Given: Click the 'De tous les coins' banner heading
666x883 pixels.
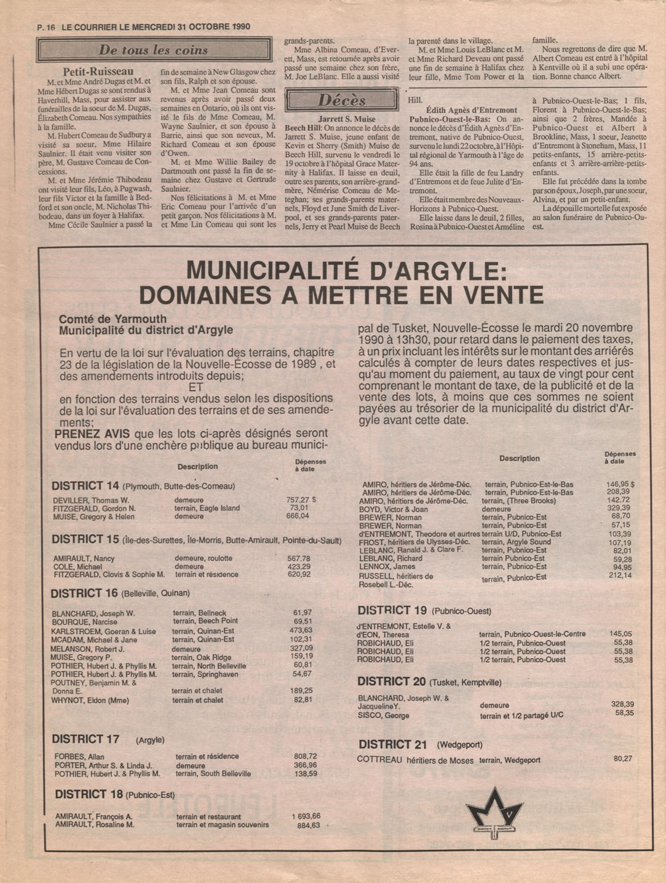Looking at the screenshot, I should [x=153, y=50].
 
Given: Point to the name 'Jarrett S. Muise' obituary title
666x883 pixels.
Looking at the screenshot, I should [x=347, y=119].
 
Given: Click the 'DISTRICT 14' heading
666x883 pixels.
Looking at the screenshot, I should [x=85, y=485].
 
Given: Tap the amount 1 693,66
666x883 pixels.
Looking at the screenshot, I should [x=306, y=816].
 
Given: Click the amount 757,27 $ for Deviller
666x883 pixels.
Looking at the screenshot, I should [x=301, y=500].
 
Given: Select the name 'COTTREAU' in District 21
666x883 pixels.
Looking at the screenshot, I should [x=379, y=759].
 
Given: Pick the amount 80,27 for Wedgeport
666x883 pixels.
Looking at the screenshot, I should [x=622, y=759].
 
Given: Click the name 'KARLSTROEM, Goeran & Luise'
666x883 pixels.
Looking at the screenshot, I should [x=103, y=631].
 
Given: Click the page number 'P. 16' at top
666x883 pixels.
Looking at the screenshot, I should [x=46, y=27].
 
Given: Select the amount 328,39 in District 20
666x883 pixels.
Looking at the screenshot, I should [x=622, y=704].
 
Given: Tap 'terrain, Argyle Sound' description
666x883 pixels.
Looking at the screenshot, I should [x=516, y=542].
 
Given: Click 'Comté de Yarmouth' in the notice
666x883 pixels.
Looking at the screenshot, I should [x=113, y=319].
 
